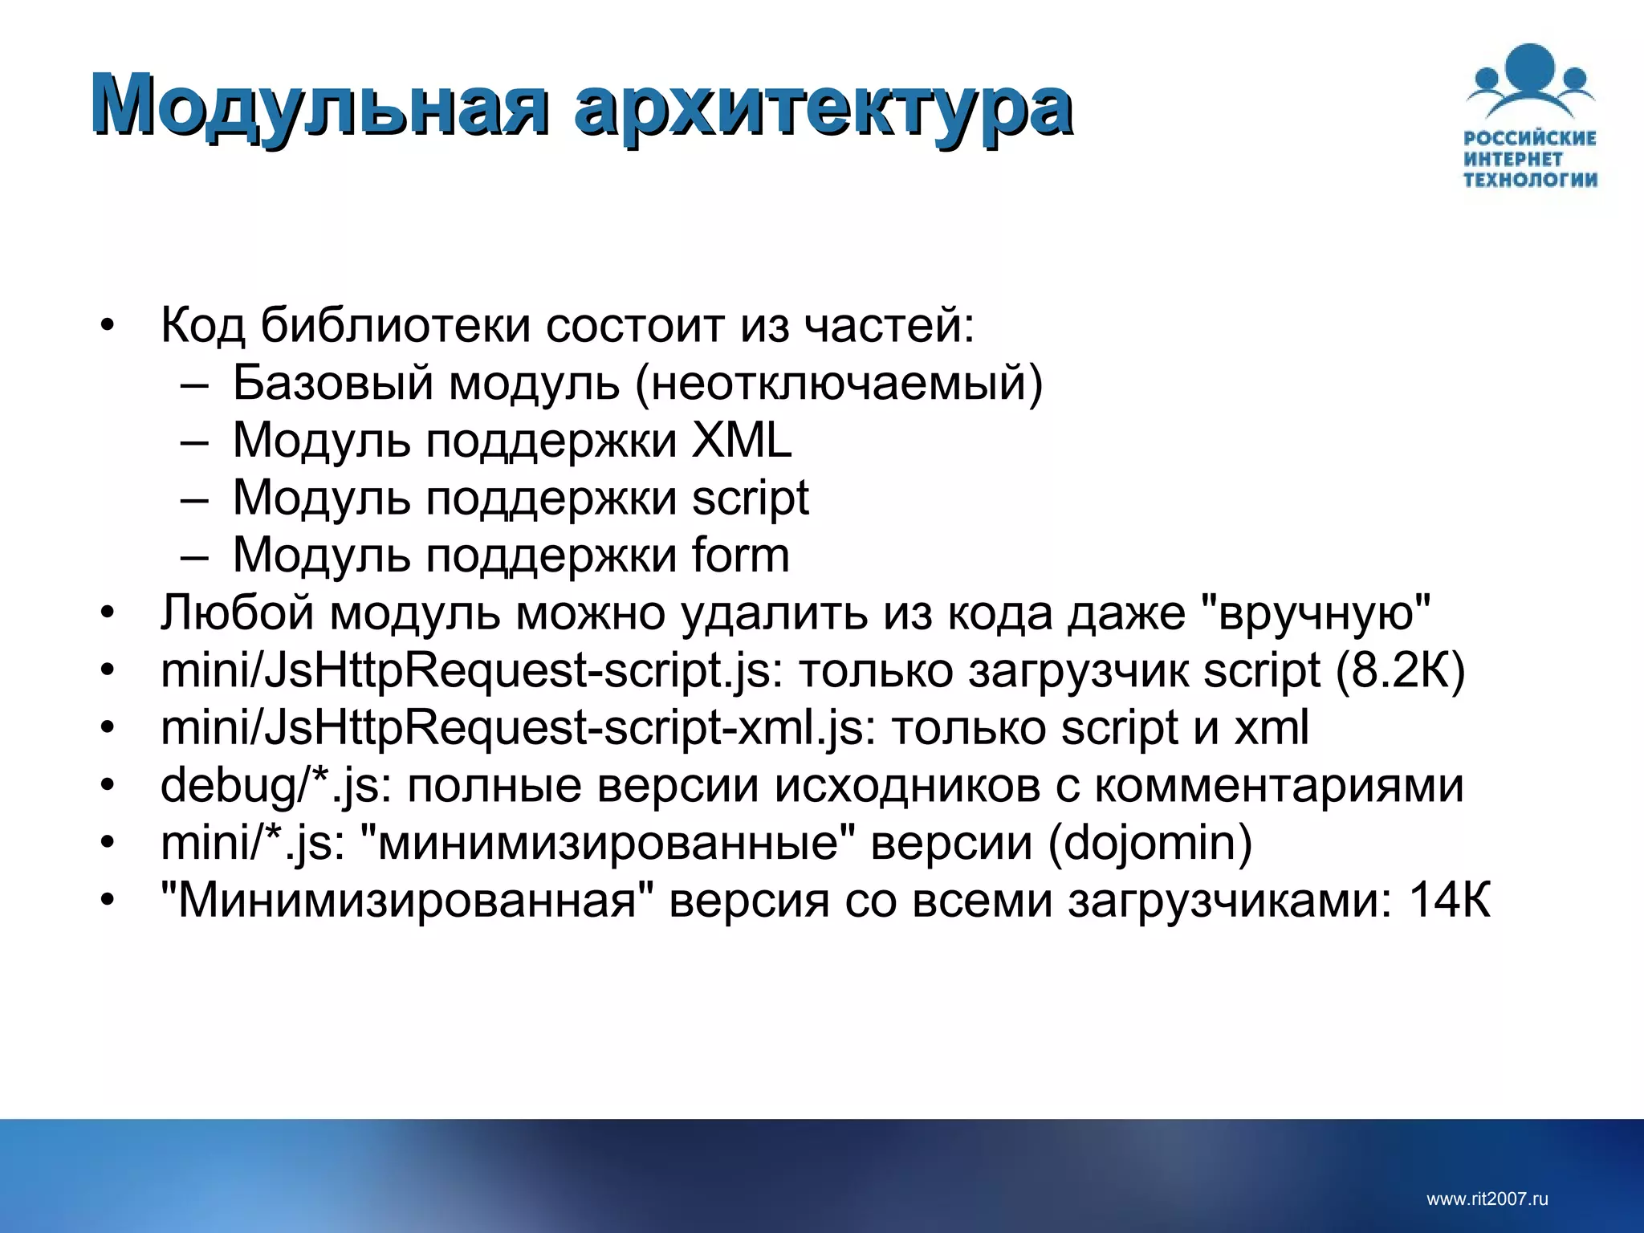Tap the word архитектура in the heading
(x=823, y=106)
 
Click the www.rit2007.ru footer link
(x=1487, y=1199)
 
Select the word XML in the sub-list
(x=742, y=441)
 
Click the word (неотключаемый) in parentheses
(x=839, y=383)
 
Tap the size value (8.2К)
(x=1400, y=670)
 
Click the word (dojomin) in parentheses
(x=1150, y=843)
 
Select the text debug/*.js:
(x=276, y=786)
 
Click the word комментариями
(x=1280, y=785)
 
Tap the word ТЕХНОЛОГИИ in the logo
(x=1530, y=179)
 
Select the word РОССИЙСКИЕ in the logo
(x=1530, y=138)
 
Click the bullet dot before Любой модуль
(x=108, y=614)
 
